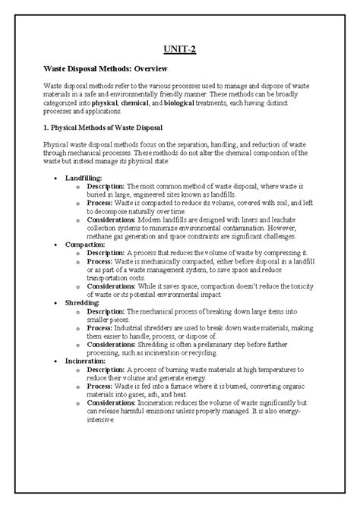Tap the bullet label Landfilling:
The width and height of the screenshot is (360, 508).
[x=84, y=176]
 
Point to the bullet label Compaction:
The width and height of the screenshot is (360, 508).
[x=84, y=245]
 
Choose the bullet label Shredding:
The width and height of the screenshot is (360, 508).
[x=82, y=301]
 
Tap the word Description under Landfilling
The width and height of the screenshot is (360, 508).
[x=106, y=185]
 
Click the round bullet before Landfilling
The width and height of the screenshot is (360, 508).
[x=58, y=177]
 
